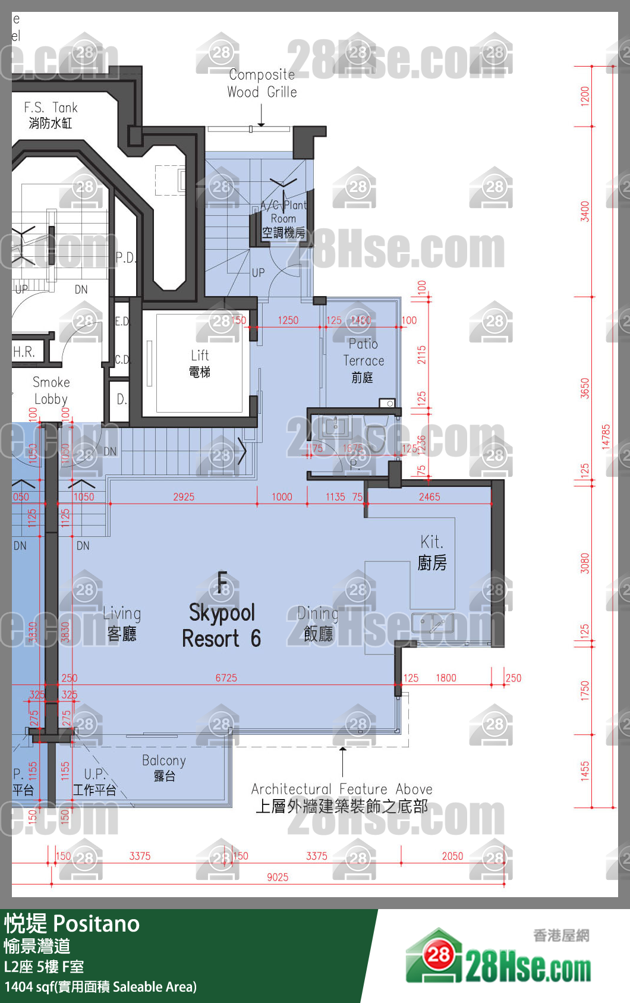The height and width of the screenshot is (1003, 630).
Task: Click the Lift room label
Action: pos(200,363)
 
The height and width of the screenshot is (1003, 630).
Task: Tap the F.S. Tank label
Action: pos(51,115)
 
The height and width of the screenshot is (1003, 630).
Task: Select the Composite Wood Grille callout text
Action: pos(262,83)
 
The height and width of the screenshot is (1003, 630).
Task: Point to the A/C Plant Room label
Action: pos(283,219)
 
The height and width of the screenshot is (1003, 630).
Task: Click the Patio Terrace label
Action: pos(363,360)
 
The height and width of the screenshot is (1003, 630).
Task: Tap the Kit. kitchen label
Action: pos(432,552)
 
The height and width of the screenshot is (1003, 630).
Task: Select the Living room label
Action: pos(122,622)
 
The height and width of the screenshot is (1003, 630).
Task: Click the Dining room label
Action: pos(318,623)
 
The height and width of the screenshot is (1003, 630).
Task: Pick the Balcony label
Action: pos(164,768)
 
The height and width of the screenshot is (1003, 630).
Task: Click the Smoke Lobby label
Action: pos(51,391)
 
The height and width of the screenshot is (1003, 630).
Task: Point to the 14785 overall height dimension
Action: pos(606,436)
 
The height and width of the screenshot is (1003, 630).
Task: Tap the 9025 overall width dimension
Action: pos(278,877)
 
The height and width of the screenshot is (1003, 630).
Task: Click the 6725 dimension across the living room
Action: pos(226,678)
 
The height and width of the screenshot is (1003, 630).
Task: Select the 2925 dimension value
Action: pos(184,497)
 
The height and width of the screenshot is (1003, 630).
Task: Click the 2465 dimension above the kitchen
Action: pos(429,497)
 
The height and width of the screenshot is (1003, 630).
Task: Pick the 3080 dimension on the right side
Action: pos(585,563)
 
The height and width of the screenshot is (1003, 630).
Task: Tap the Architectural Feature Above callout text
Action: pos(342,797)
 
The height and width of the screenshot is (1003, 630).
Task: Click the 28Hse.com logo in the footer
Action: pos(498,958)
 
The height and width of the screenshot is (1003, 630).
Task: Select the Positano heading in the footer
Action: pos(73,924)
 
